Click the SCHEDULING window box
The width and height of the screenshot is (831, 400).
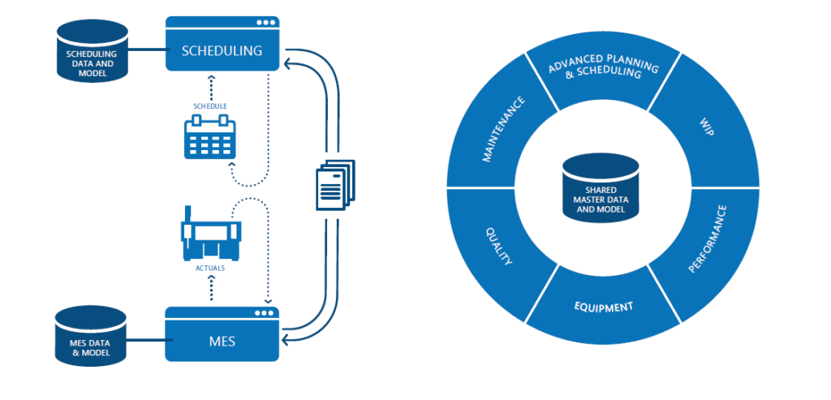point(222,49)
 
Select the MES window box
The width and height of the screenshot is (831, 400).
point(222,341)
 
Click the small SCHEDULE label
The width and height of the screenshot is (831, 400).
point(209,106)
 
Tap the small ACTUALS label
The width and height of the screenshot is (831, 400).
point(210,265)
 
